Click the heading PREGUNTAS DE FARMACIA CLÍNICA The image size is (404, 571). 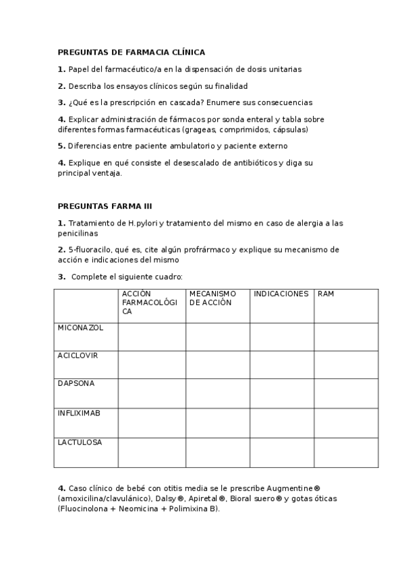click(x=131, y=52)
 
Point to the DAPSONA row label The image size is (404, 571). click(x=76, y=383)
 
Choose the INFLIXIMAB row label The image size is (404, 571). click(x=79, y=413)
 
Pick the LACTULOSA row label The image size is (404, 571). click(x=80, y=442)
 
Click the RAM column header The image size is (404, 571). click(x=326, y=294)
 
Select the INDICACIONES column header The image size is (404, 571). click(x=281, y=294)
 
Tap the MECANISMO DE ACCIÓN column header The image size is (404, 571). click(x=212, y=298)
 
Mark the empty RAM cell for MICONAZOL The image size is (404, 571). click(x=345, y=337)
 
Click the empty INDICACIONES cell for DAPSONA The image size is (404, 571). click(x=281, y=393)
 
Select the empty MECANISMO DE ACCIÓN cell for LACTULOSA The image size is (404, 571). click(x=217, y=452)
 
